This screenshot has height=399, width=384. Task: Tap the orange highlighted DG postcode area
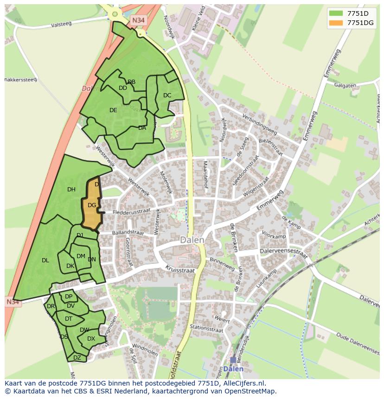click(92, 204)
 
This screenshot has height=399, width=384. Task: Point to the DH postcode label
click(71, 189)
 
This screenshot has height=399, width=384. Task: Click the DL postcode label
click(45, 260)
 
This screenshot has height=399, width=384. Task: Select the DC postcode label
click(167, 95)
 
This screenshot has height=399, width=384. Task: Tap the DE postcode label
click(113, 110)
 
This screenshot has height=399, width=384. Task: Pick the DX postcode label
click(91, 339)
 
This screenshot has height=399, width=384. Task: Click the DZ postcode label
click(77, 357)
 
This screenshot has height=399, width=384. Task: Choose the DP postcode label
click(68, 297)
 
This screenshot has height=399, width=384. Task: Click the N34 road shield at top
click(137, 20)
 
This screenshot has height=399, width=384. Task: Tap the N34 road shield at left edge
click(13, 302)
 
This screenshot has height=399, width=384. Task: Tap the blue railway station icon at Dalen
click(233, 360)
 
